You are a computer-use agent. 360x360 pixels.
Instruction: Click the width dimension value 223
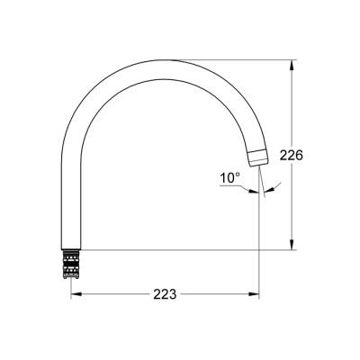pyautogui.click(x=163, y=294)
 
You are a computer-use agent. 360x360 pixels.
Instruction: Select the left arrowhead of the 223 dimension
pyautogui.click(x=74, y=293)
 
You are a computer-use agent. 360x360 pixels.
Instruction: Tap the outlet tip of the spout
pyautogui.click(x=260, y=160)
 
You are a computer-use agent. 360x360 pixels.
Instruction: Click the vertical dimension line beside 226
pyautogui.click(x=292, y=108)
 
